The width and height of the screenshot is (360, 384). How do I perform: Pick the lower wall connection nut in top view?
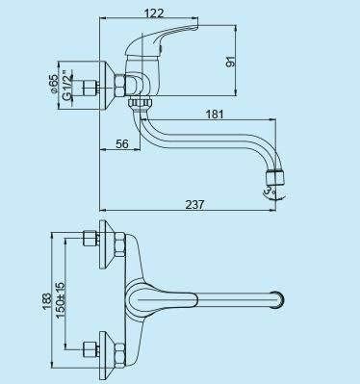[x=92, y=347]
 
